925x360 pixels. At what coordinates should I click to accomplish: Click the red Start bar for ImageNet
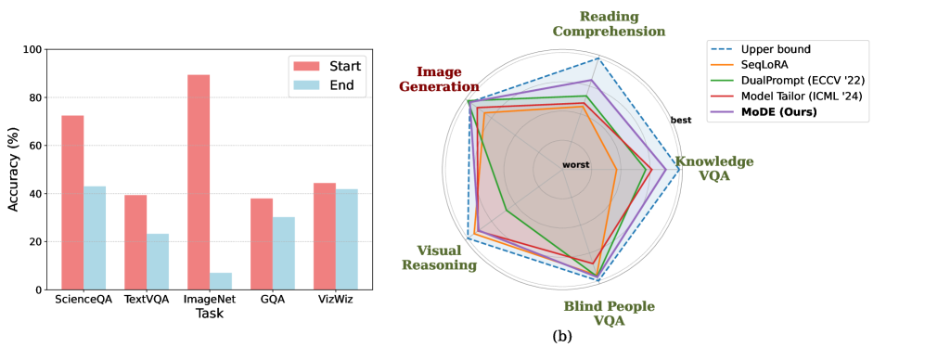point(199,182)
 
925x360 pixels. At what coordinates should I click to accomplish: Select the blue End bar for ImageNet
point(221,281)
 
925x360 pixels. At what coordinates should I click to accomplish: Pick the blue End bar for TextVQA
point(158,262)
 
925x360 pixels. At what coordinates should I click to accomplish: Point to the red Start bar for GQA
point(262,244)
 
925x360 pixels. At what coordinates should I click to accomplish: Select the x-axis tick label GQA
point(273,301)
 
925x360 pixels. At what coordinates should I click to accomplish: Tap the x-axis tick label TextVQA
point(147,301)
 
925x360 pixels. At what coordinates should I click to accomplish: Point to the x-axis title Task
point(210,315)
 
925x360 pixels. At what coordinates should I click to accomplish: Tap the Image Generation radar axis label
point(440,79)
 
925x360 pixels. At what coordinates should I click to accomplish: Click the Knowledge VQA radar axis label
point(713,168)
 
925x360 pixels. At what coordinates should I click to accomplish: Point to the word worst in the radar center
point(575,165)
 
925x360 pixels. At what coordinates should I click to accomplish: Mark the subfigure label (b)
point(562,336)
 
